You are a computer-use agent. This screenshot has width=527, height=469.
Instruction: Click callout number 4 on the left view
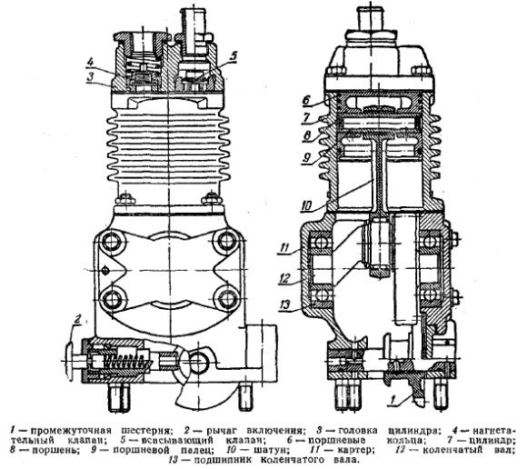90,63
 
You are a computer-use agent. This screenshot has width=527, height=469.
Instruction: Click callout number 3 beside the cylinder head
90,76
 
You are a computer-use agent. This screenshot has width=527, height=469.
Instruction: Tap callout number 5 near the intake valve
234,56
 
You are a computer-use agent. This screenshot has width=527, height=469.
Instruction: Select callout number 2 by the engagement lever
77,320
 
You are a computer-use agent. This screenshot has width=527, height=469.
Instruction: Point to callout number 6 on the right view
306,100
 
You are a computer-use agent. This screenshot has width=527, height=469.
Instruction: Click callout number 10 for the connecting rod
306,205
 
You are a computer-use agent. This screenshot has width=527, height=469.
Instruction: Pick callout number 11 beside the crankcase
284,249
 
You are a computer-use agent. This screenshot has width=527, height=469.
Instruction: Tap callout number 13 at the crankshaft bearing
285,304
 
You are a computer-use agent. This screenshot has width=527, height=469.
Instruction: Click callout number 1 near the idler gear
393,400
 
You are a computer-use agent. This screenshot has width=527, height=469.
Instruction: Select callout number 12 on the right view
284,278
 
